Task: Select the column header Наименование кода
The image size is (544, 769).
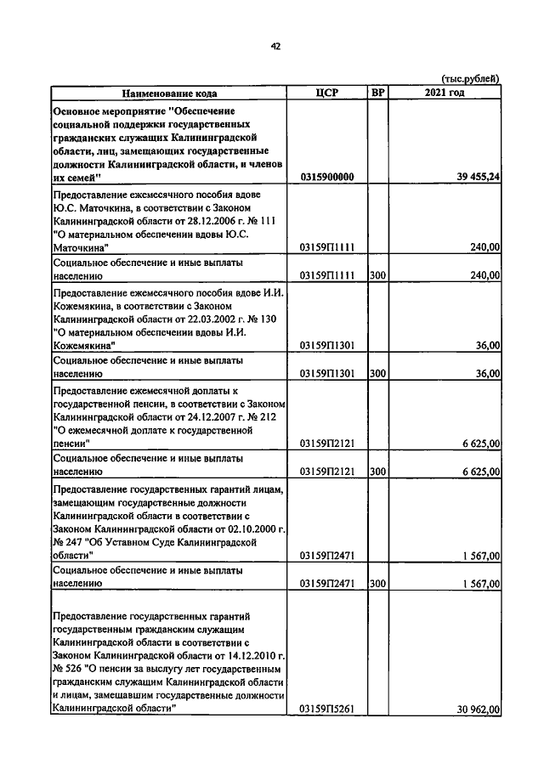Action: (x=168, y=93)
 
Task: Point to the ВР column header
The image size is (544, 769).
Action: (x=377, y=93)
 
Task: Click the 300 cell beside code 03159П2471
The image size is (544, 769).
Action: (x=377, y=584)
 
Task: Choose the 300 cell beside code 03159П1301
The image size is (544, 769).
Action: (x=377, y=373)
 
